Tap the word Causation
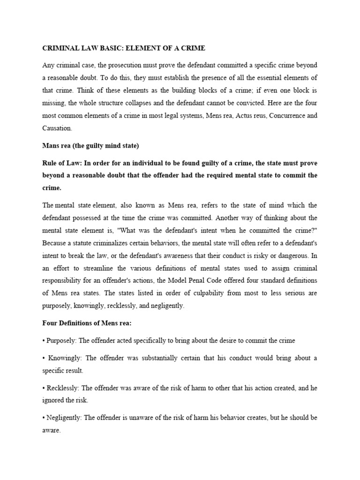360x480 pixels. point(57,127)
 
